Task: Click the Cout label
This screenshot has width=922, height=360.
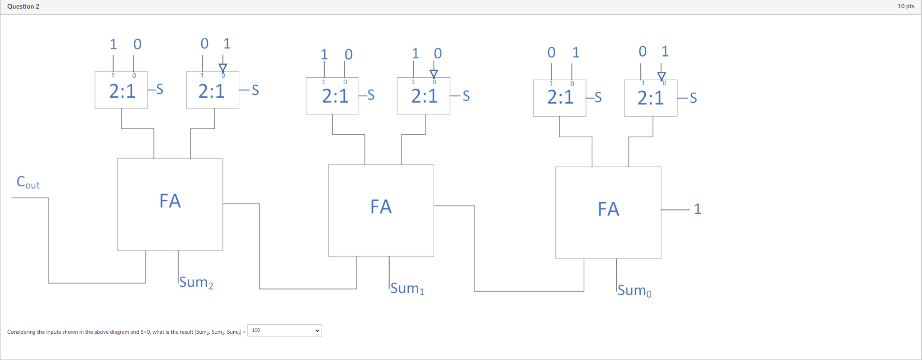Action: click(x=28, y=182)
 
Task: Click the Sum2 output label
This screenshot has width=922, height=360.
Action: click(x=196, y=282)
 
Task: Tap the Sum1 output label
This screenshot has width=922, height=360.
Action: click(x=407, y=288)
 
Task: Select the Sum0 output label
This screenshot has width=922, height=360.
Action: click(x=634, y=290)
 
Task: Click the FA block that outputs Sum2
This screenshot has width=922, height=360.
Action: click(x=170, y=204)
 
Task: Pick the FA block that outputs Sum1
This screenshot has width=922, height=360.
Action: click(x=381, y=210)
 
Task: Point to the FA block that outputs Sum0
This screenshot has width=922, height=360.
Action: click(x=608, y=213)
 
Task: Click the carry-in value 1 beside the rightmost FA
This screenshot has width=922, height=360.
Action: click(x=697, y=209)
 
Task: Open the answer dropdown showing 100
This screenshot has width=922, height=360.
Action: click(x=284, y=331)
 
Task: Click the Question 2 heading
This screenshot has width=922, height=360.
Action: click(x=24, y=6)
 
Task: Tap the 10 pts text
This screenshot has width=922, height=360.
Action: click(x=906, y=6)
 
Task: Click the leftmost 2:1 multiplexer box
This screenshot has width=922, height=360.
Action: click(x=121, y=90)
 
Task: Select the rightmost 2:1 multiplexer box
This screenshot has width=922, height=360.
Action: click(x=651, y=98)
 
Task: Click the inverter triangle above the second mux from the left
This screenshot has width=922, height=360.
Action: click(x=222, y=68)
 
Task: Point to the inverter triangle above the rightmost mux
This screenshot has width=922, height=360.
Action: click(x=662, y=76)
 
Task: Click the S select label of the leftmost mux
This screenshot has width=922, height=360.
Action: click(x=160, y=89)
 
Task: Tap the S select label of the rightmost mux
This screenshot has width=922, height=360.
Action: click(x=693, y=98)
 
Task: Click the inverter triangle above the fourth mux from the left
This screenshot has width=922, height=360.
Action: click(x=434, y=74)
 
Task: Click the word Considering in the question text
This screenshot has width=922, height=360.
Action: click(x=21, y=332)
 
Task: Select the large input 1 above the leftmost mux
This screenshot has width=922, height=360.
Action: click(x=113, y=44)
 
